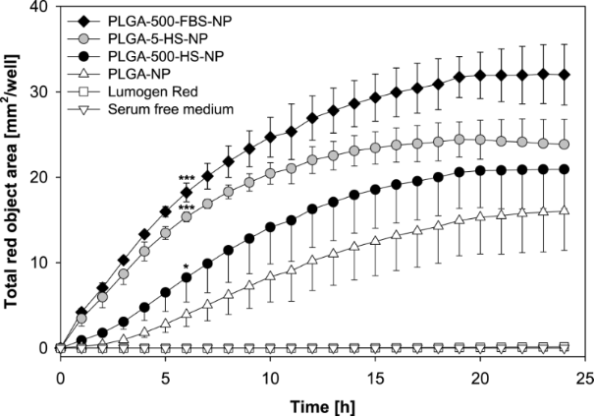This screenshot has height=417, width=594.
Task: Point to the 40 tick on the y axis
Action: (x=43, y=9)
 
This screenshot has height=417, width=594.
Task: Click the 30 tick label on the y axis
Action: (x=43, y=93)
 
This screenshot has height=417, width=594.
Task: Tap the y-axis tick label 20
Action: (x=43, y=178)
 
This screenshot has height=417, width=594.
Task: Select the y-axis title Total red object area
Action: (x=14, y=177)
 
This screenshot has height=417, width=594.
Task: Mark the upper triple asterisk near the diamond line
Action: (x=186, y=178)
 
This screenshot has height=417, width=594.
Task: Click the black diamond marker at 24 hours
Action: (x=563, y=75)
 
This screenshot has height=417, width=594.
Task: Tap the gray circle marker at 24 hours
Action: (x=563, y=145)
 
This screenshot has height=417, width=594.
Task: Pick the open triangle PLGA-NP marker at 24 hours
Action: (x=563, y=210)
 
